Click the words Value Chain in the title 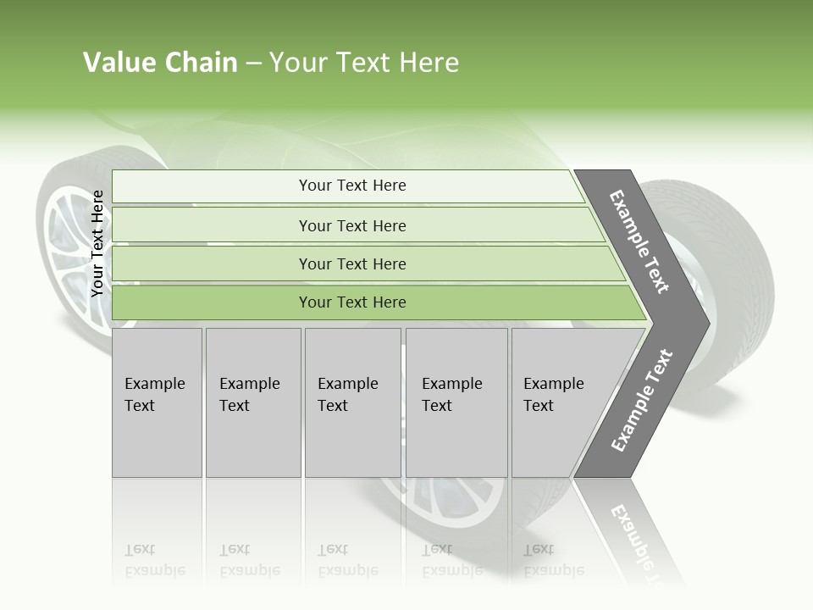coord(160,63)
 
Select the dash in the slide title coord(253,64)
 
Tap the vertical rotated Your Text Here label coord(97,243)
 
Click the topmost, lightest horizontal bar coord(351,186)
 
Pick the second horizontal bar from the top coord(351,225)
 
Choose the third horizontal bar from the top coord(351,264)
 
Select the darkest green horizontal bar coord(351,302)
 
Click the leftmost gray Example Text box coord(157,402)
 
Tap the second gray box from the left coord(252,402)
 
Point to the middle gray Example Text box coord(351,402)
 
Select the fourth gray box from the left coord(456,402)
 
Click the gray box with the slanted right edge coord(559,402)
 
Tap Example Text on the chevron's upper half coord(639,241)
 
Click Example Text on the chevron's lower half coord(641,400)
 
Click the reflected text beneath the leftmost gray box coord(155,560)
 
